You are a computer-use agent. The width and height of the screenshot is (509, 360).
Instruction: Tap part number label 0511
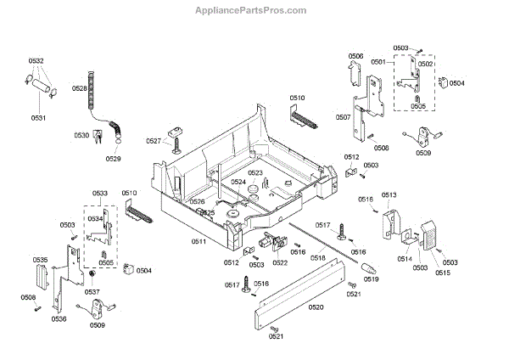click(x=198, y=241)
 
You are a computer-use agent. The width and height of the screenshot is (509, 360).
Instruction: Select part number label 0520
click(x=316, y=306)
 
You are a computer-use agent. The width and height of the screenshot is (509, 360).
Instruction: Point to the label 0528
click(x=79, y=88)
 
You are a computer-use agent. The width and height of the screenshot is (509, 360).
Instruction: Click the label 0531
click(x=39, y=117)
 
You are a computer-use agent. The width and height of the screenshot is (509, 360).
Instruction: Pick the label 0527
click(x=153, y=141)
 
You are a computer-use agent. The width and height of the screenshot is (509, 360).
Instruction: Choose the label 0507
click(x=344, y=117)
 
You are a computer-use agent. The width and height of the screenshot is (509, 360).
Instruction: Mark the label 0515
click(x=442, y=272)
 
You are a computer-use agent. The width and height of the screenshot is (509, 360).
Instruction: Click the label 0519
click(x=371, y=278)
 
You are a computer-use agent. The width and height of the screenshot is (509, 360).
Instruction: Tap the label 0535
click(x=40, y=259)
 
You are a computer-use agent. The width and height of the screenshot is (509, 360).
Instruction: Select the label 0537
click(x=92, y=292)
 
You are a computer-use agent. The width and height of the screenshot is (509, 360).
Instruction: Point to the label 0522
click(x=279, y=262)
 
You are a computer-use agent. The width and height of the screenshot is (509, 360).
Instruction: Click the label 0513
click(x=389, y=195)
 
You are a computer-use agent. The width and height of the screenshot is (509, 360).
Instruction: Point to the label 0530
click(x=81, y=135)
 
